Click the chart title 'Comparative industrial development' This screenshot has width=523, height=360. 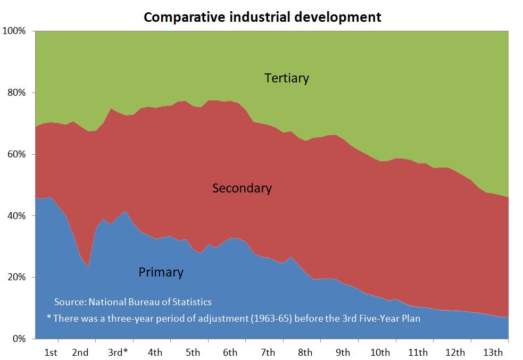pos(262,17)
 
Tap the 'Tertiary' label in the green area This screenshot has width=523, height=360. pos(286,78)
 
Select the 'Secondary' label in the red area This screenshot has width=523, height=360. pos(242,188)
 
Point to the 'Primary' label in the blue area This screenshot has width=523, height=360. pos(161,272)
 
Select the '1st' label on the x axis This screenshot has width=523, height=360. pos(51,352)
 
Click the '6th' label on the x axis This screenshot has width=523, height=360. pos(230,352)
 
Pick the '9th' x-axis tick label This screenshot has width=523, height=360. pos(343,352)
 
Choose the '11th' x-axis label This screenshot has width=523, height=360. pos(418,352)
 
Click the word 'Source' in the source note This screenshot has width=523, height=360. pos(69,302)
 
